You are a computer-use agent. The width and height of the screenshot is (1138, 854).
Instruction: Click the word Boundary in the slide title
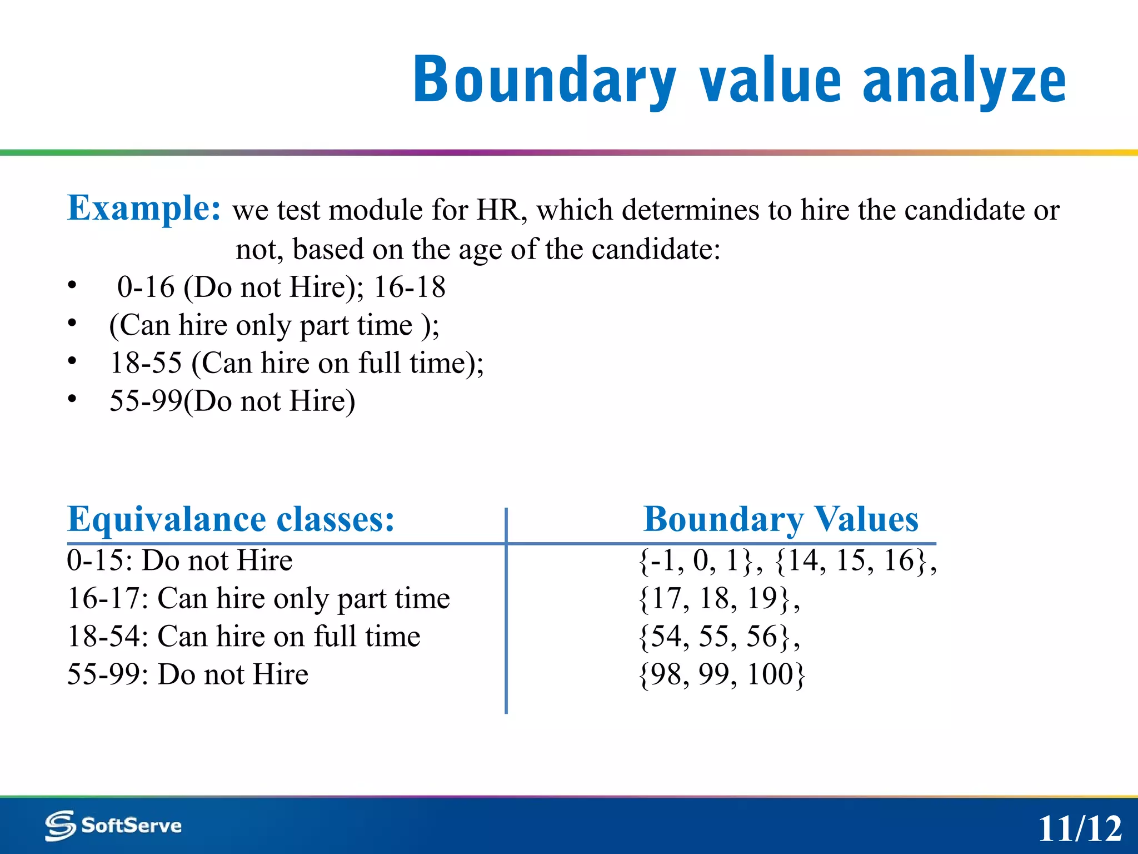(x=545, y=81)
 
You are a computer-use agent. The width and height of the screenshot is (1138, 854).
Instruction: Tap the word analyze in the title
(x=964, y=81)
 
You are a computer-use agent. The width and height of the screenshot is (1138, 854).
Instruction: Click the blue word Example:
(x=144, y=208)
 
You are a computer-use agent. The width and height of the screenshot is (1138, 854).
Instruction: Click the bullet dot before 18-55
(x=72, y=361)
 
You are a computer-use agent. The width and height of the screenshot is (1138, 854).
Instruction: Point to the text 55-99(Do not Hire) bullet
(x=232, y=401)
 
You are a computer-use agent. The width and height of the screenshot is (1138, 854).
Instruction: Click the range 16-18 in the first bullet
(x=410, y=287)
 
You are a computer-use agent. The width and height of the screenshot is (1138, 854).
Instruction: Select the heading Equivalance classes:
(x=231, y=519)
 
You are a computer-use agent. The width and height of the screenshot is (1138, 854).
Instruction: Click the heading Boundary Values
(x=781, y=519)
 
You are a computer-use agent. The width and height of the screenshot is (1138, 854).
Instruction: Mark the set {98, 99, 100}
(x=721, y=674)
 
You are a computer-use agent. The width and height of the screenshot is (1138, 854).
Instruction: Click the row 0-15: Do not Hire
(x=179, y=560)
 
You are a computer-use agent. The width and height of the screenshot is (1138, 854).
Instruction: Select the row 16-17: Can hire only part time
(x=258, y=599)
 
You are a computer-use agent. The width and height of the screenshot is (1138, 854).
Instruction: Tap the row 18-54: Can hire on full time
(x=243, y=637)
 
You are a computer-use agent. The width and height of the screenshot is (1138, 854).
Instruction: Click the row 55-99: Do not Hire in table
(x=187, y=674)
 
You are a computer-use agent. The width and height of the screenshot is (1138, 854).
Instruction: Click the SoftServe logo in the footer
(x=114, y=826)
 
